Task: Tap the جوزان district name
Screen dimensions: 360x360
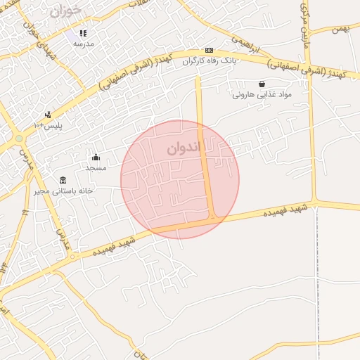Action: pyautogui.click(x=66, y=11)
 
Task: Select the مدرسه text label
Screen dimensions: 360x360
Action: pyautogui.click(x=84, y=44)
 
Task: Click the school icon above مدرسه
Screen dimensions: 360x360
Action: pyautogui.click(x=83, y=33)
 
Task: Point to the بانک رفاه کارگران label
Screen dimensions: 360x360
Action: pyautogui.click(x=208, y=60)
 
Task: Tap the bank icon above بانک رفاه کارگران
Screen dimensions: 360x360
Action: pyautogui.click(x=209, y=51)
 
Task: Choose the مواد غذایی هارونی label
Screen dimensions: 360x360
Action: pyautogui.click(x=262, y=94)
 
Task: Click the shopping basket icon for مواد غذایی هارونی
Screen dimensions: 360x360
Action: pyautogui.click(x=262, y=84)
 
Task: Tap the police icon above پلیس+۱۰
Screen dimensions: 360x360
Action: pyautogui.click(x=48, y=115)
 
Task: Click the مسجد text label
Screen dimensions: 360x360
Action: pyautogui.click(x=96, y=167)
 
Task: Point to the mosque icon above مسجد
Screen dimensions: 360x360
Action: pyautogui.click(x=96, y=157)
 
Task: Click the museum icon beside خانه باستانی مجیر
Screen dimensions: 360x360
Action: pyautogui.click(x=63, y=180)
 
